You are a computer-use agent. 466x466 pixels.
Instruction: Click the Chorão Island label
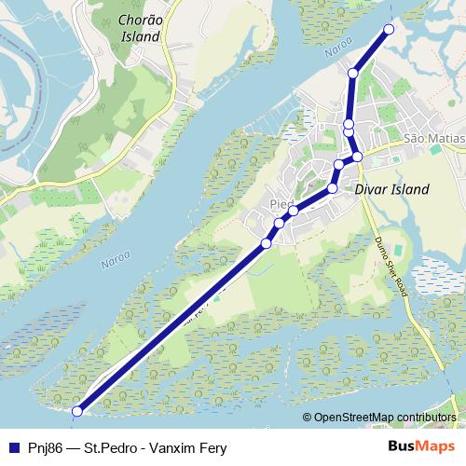pyautogui.click(x=141, y=28)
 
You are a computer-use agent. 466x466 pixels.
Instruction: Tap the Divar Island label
pyautogui.click(x=392, y=189)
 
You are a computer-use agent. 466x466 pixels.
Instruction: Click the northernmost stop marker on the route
pyautogui.click(x=389, y=30)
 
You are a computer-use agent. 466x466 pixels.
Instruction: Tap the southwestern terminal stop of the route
pyautogui.click(x=77, y=410)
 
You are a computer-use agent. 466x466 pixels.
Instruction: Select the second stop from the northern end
pyautogui.click(x=353, y=73)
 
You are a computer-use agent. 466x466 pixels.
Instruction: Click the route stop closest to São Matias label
pyautogui.click(x=357, y=157)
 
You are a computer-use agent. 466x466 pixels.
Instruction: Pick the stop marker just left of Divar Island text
pyautogui.click(x=333, y=190)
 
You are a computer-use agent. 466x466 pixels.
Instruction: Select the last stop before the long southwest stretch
pyautogui.click(x=267, y=243)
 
